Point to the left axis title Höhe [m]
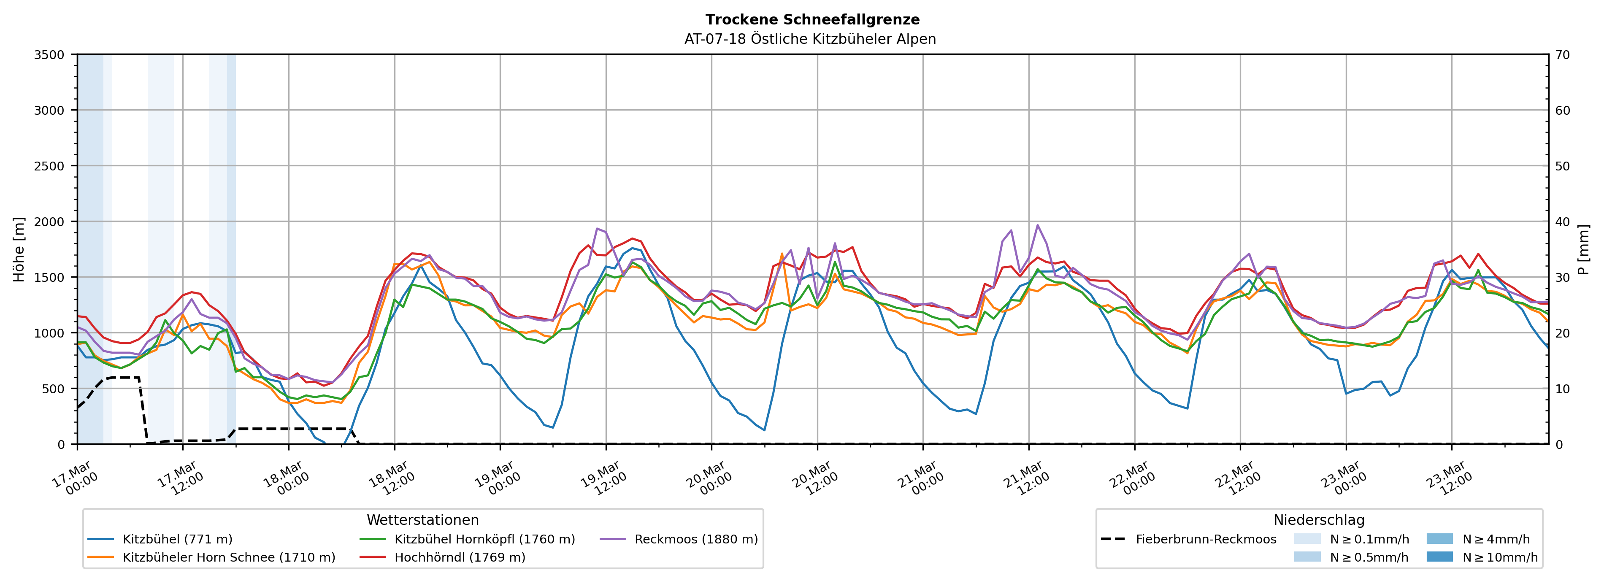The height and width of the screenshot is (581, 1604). coord(19,249)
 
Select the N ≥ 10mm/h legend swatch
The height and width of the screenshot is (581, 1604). coord(1439,557)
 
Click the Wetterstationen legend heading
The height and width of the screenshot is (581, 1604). coord(423,520)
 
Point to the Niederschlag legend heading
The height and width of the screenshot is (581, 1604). coord(1319,520)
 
